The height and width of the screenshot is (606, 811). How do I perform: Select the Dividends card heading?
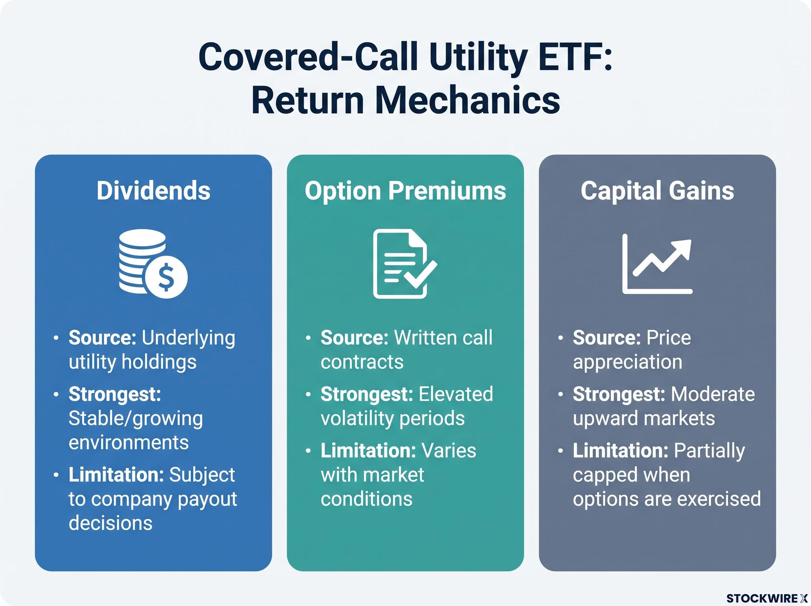pyautogui.click(x=153, y=191)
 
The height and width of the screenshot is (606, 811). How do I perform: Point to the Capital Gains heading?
pyautogui.click(x=658, y=191)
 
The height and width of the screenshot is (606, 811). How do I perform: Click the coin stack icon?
pyautogui.click(x=153, y=263)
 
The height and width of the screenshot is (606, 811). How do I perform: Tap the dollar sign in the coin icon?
pyautogui.click(x=166, y=277)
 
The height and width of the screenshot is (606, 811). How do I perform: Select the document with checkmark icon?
pyautogui.click(x=404, y=263)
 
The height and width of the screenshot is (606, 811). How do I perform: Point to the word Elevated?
pyautogui.click(x=456, y=394)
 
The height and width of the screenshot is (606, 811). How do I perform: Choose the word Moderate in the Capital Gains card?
pyautogui.click(x=713, y=394)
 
